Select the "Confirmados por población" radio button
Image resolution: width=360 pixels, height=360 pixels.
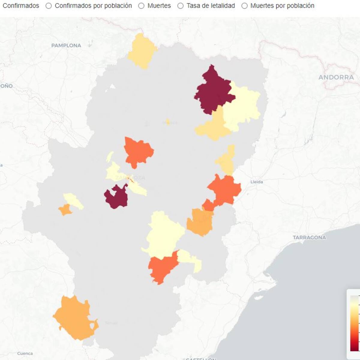click(49, 6)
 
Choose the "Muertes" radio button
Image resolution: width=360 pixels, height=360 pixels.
click(141, 6)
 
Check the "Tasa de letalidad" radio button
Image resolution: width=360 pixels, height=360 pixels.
click(180, 6)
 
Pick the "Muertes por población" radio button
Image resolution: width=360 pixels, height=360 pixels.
click(244, 6)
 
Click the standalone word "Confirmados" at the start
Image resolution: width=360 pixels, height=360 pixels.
click(21, 6)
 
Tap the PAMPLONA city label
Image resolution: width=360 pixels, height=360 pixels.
click(66, 46)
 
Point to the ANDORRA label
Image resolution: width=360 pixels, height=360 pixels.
click(336, 77)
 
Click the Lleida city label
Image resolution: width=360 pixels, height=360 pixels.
click(256, 182)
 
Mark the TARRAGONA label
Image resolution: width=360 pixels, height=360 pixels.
click(309, 238)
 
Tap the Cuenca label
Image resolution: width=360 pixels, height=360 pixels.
click(25, 353)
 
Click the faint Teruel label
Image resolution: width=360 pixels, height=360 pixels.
click(111, 323)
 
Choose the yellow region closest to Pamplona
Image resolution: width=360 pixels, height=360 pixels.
click(142, 51)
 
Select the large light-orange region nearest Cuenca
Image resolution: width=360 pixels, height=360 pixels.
click(74, 318)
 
